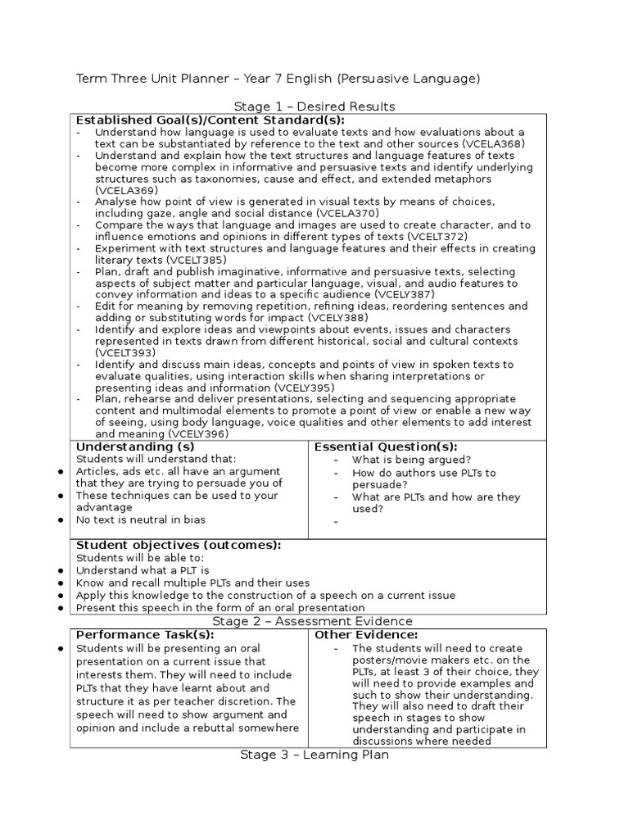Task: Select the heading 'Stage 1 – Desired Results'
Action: (314, 107)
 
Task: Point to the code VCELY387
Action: (406, 294)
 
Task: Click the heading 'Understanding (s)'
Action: (135, 447)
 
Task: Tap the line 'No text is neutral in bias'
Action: (141, 519)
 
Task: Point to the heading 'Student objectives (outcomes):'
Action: (178, 545)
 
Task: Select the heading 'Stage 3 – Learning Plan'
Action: (314, 755)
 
